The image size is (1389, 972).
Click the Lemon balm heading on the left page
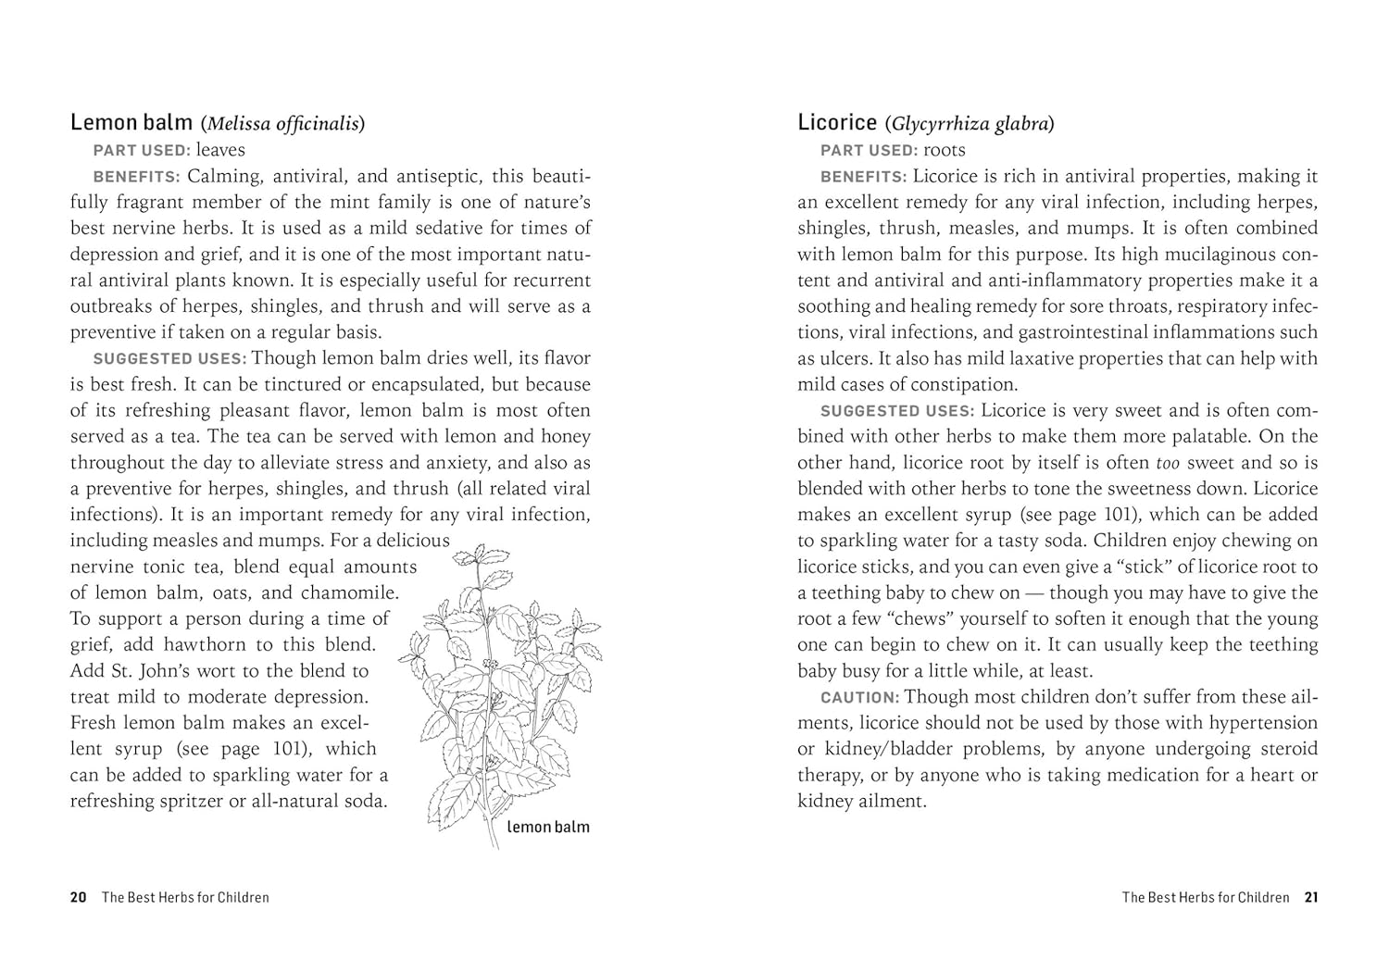click(x=131, y=122)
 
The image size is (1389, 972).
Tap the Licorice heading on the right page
click(x=837, y=122)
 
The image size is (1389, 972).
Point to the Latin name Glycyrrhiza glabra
click(x=970, y=123)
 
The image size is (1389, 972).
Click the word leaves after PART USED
click(x=220, y=150)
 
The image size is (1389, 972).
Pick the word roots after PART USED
click(x=945, y=150)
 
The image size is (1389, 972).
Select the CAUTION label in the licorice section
click(x=859, y=698)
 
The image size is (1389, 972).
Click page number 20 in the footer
click(x=79, y=897)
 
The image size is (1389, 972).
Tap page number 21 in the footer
click(x=1310, y=897)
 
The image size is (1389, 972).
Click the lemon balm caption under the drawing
click(x=547, y=827)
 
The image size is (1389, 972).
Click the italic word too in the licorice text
click(x=1167, y=463)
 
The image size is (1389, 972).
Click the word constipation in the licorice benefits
click(x=963, y=385)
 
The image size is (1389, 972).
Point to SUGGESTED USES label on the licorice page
click(x=896, y=411)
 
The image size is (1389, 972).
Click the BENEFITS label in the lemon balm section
click(x=136, y=177)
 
